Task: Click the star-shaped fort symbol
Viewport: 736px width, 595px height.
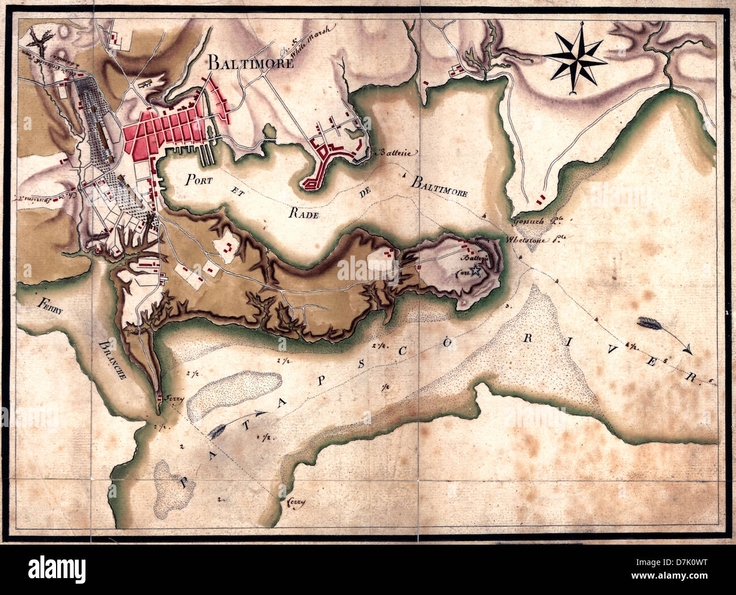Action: (476, 272)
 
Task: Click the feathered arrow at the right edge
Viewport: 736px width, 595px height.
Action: (662, 334)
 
